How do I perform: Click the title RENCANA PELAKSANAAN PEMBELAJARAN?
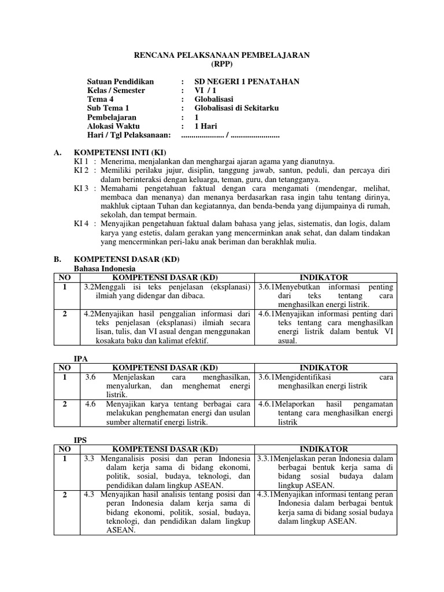222,55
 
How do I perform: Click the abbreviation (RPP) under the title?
221,64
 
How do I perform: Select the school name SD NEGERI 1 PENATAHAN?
246,82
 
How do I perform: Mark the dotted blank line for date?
231,135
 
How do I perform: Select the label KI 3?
82,188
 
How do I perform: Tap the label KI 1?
82,162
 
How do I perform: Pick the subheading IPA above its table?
81,359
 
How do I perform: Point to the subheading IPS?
80,440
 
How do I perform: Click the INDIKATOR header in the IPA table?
324,368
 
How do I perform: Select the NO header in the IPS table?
65,449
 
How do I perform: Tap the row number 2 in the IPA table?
65,404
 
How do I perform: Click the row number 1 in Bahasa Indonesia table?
65,287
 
